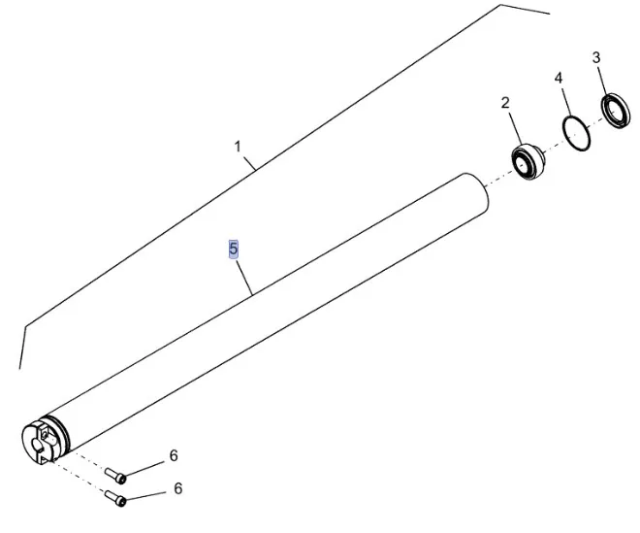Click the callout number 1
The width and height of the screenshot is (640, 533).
click(x=238, y=147)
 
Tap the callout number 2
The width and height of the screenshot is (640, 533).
click(x=505, y=103)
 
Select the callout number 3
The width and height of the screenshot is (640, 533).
click(x=596, y=57)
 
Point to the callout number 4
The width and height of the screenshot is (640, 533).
click(x=559, y=78)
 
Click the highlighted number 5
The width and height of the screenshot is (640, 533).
click(x=233, y=249)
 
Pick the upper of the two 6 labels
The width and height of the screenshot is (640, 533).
click(x=174, y=455)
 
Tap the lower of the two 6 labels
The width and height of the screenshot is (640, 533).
click(x=178, y=488)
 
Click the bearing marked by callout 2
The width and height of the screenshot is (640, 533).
click(x=528, y=161)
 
